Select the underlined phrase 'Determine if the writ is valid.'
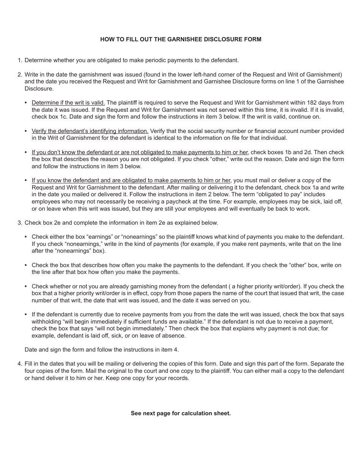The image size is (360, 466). pyautogui.click(x=68, y=103)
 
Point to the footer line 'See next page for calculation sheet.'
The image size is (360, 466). pyautogui.click(x=181, y=413)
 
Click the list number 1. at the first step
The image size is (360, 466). pyautogui.click(x=20, y=60)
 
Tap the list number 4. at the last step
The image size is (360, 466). pyautogui.click(x=20, y=364)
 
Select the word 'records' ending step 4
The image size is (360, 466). pyautogui.click(x=178, y=378)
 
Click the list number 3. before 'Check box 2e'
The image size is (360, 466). pyautogui.click(x=20, y=223)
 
